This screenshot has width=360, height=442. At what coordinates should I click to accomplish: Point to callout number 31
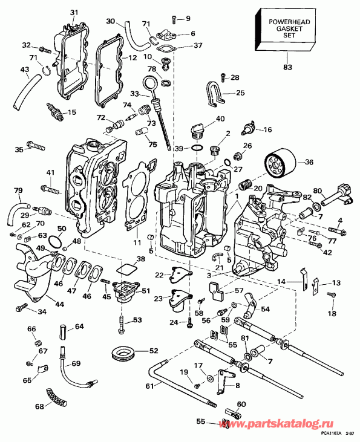tap(74, 13)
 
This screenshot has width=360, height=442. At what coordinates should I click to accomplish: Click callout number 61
tap(149, 385)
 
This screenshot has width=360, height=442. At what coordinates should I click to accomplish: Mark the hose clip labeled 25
tap(212, 93)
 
